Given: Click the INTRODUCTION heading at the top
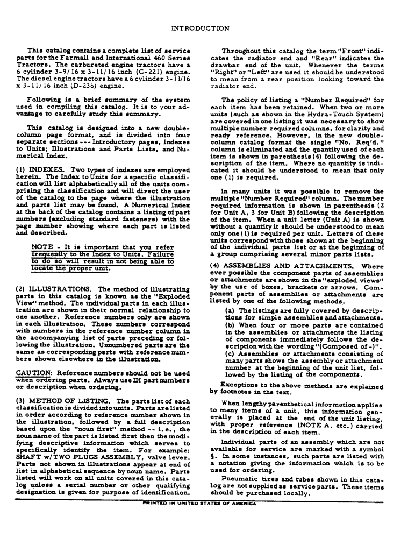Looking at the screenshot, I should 207,28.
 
